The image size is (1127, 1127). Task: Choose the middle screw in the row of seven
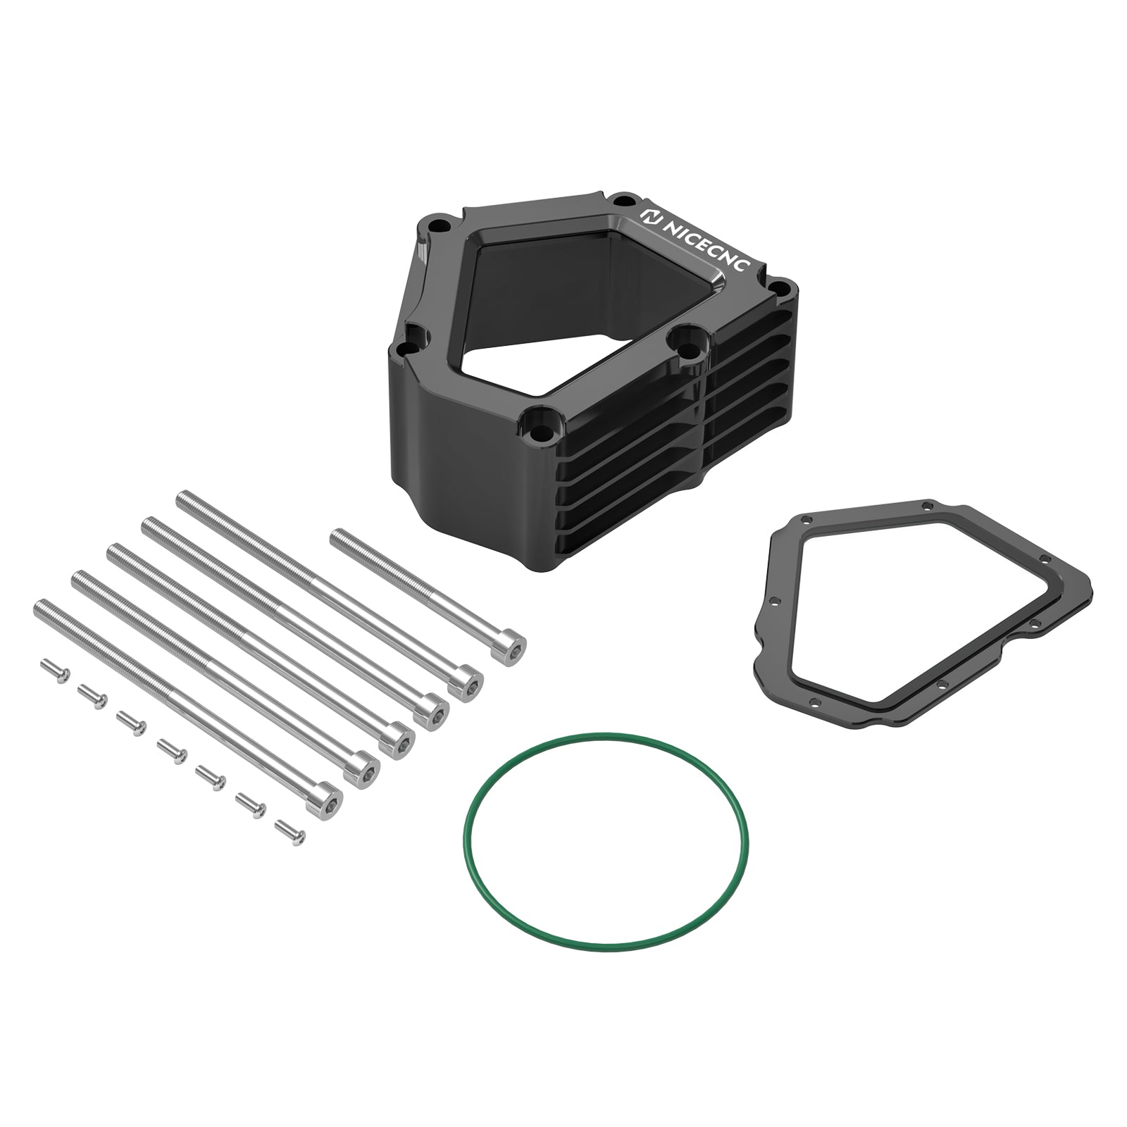pyautogui.click(x=170, y=748)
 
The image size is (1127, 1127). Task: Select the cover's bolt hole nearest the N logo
pyautogui.click(x=619, y=200)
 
